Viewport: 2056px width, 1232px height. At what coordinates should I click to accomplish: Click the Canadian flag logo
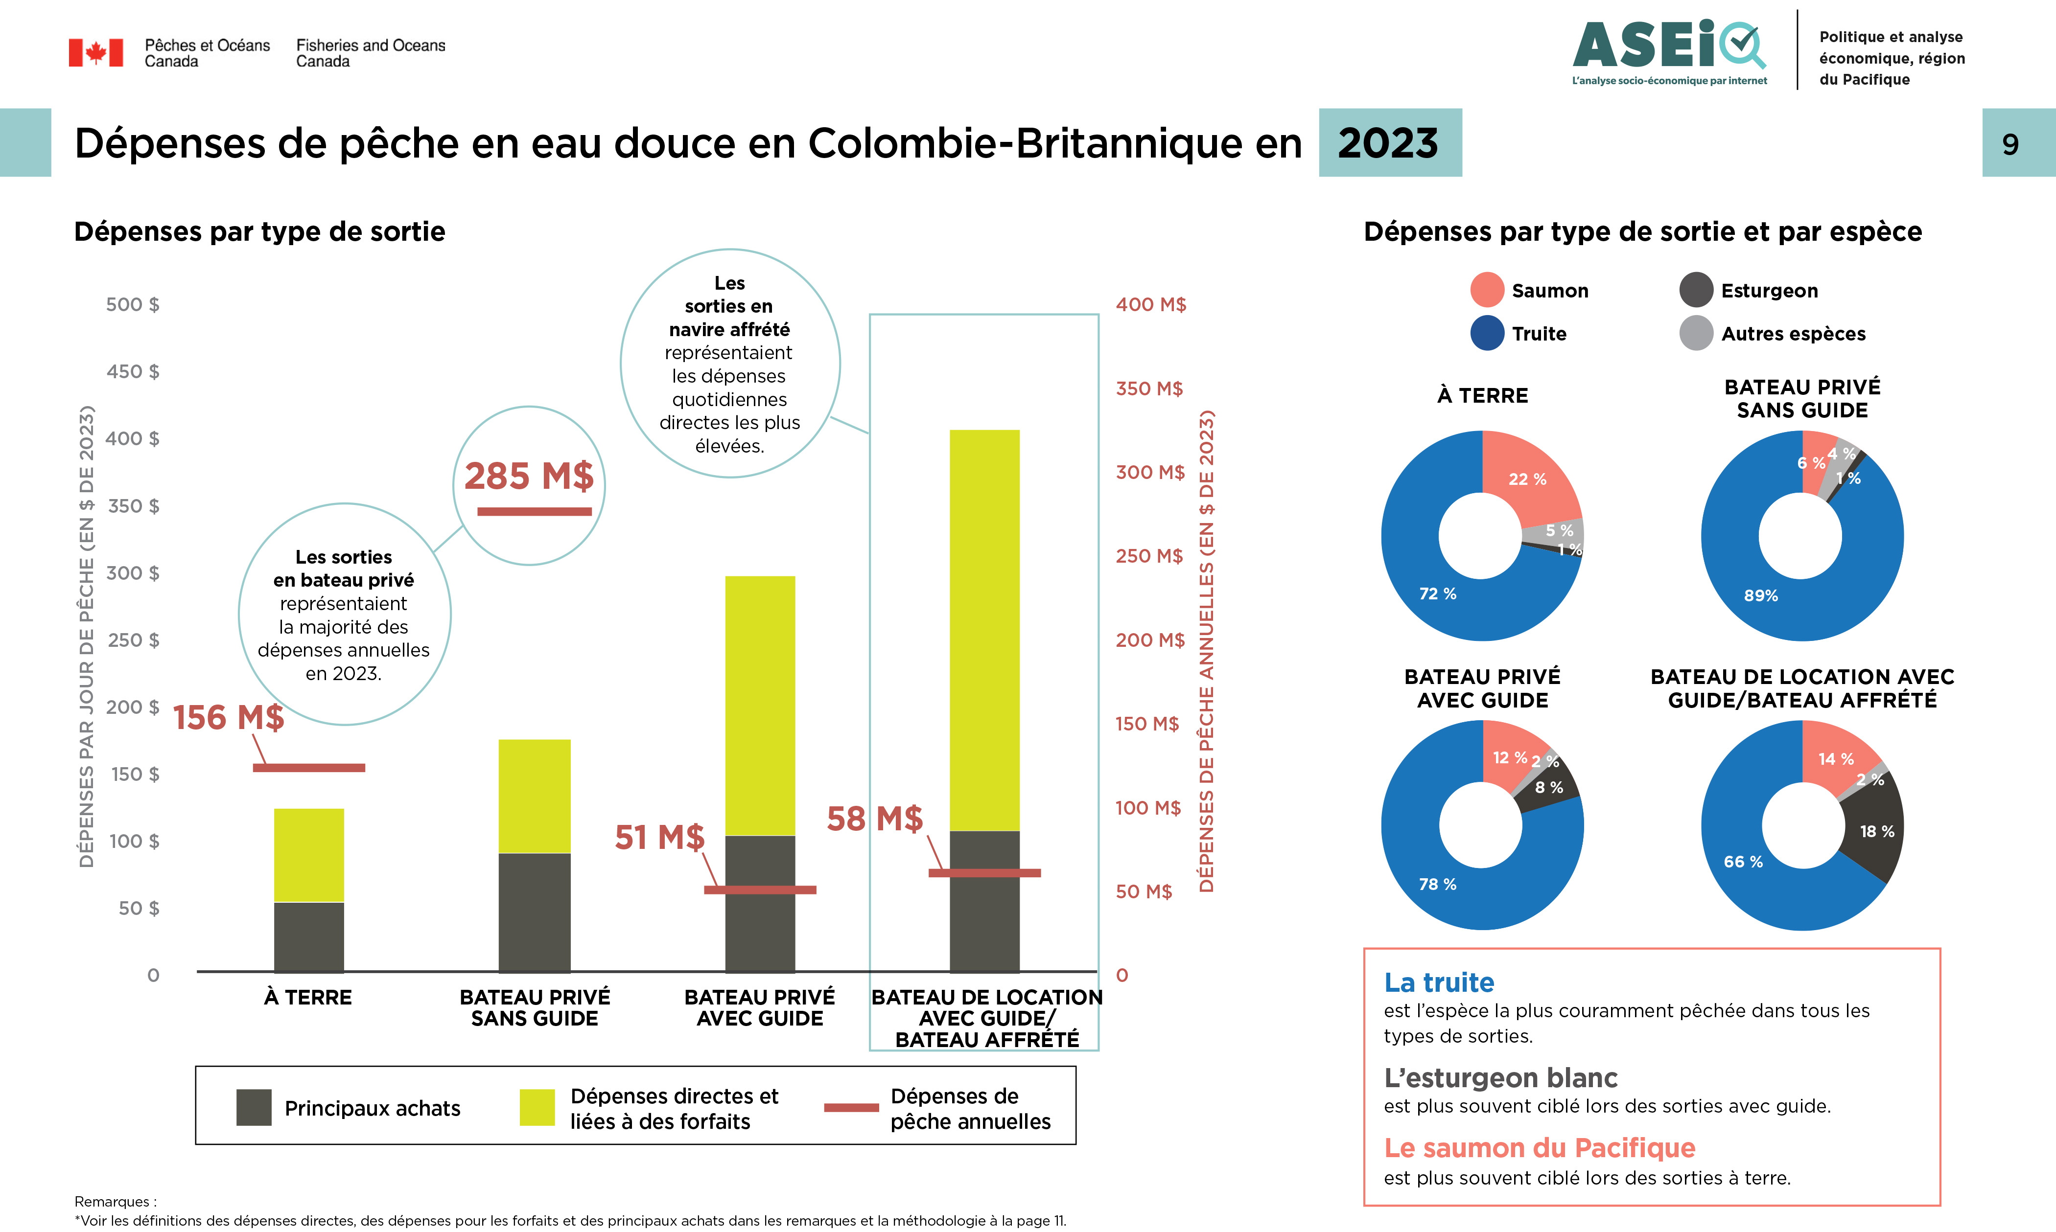coord(95,52)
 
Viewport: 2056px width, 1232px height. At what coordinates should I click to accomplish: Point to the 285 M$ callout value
coord(529,476)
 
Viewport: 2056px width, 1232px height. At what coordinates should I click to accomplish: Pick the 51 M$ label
coord(659,837)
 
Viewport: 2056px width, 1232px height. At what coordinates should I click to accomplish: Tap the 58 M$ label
coord(874,819)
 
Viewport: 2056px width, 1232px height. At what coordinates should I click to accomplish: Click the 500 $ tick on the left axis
coord(133,305)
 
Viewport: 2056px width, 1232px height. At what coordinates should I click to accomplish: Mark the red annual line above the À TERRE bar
coord(309,768)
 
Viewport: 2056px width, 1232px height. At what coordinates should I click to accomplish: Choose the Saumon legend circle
coord(1486,290)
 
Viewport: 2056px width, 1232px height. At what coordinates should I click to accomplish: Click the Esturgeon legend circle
coord(1696,290)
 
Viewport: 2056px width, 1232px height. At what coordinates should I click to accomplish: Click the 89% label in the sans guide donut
coord(1760,595)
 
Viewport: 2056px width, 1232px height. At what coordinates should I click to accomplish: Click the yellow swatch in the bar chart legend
coord(537,1107)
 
